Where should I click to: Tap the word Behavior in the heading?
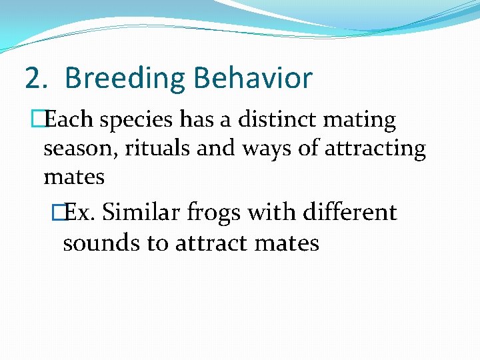pyautogui.click(x=253, y=79)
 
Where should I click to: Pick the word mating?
pyautogui.click(x=365, y=121)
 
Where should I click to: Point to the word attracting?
pyautogui.click(x=375, y=149)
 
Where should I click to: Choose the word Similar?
pyautogui.click(x=142, y=213)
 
